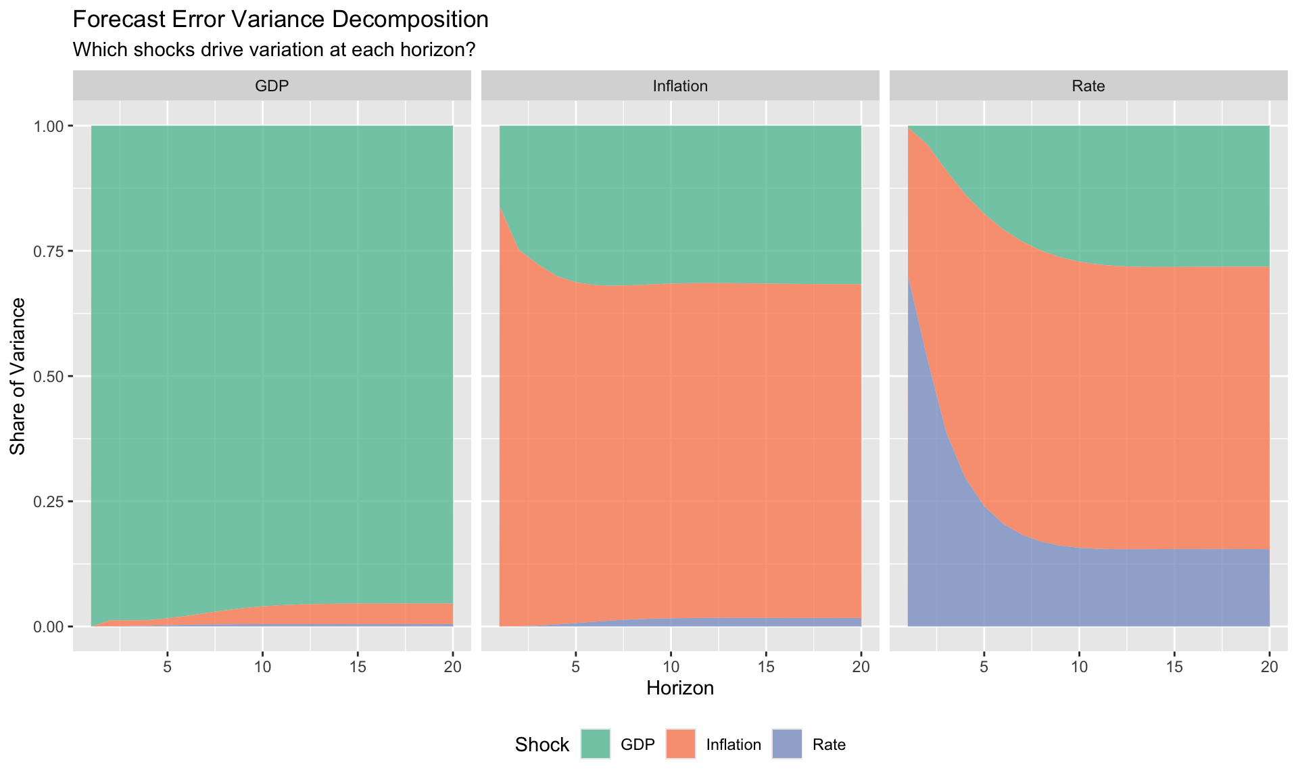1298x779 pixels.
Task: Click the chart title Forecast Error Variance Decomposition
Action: tap(280, 20)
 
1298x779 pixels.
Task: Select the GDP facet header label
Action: tap(272, 86)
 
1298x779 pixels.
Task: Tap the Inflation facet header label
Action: tap(680, 86)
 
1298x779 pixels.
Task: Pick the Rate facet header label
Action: tap(1088, 86)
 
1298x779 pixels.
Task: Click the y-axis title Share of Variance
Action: tap(18, 376)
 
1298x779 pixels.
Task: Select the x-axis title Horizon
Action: tap(680, 688)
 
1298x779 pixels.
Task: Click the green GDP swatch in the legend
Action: tap(596, 745)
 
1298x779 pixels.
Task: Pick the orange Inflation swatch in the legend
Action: tap(681, 745)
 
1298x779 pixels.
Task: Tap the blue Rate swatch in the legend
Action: tap(787, 745)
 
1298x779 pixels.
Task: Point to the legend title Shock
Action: tap(542, 745)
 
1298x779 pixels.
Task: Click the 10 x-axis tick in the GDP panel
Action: tap(263, 667)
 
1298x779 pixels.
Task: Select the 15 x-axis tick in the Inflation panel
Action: tap(766, 667)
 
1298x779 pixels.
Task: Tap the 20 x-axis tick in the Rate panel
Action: tap(1270, 667)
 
